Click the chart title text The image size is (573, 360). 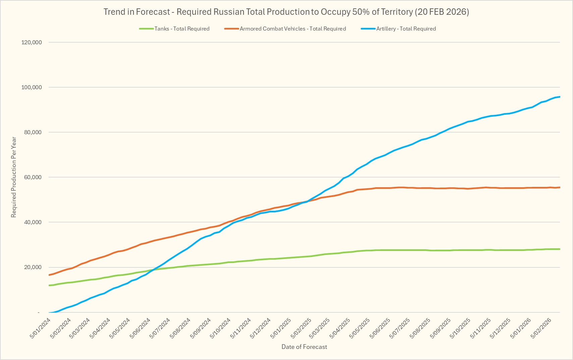click(x=286, y=12)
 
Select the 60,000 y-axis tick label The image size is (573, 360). click(x=33, y=177)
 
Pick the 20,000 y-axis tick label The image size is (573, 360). click(x=33, y=267)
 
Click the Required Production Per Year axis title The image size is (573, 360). click(x=14, y=177)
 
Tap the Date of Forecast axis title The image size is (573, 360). click(x=304, y=347)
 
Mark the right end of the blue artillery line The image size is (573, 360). click(x=560, y=97)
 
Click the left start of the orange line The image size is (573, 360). click(x=49, y=275)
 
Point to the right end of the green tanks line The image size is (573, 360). click(x=560, y=249)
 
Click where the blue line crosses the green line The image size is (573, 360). click(x=154, y=269)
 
